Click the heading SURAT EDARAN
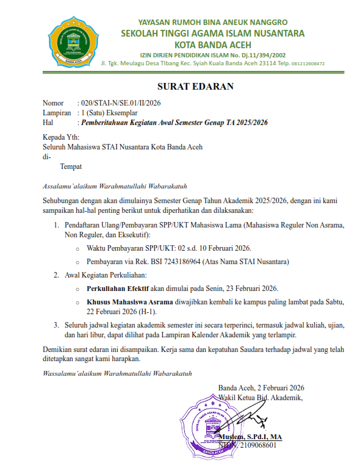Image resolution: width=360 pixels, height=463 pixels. tap(195, 86)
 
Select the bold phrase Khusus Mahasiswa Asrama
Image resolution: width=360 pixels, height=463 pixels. tap(129, 302)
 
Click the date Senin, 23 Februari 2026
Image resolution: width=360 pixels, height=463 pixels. tap(240, 287)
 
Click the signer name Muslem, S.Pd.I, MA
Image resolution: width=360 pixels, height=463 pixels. tap(252, 437)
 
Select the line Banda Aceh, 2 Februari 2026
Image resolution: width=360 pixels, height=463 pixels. tap(261, 387)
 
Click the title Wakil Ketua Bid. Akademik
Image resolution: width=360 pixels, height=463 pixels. tap(261, 398)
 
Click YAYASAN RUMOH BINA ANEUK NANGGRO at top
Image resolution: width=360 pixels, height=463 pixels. tap(212, 21)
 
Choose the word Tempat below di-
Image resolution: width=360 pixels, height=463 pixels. tap(71, 166)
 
